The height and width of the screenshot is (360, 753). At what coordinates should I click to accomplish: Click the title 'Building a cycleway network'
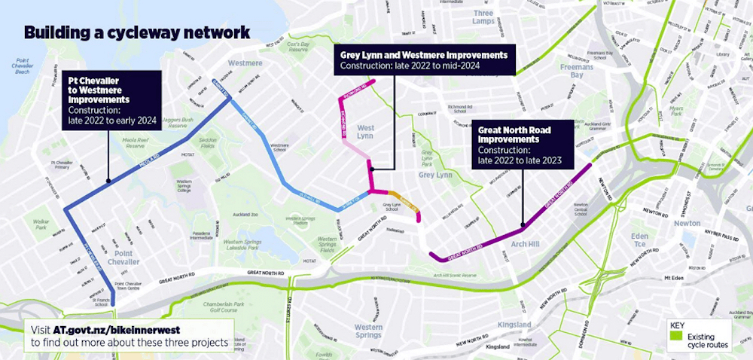[136, 33]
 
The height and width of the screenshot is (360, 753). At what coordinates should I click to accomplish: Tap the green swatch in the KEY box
[676, 337]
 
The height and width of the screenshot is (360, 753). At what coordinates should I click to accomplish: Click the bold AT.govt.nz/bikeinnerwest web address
[117, 330]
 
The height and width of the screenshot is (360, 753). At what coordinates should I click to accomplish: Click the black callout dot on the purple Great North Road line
[521, 224]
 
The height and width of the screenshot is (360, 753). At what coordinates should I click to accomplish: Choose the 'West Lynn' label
[365, 133]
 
